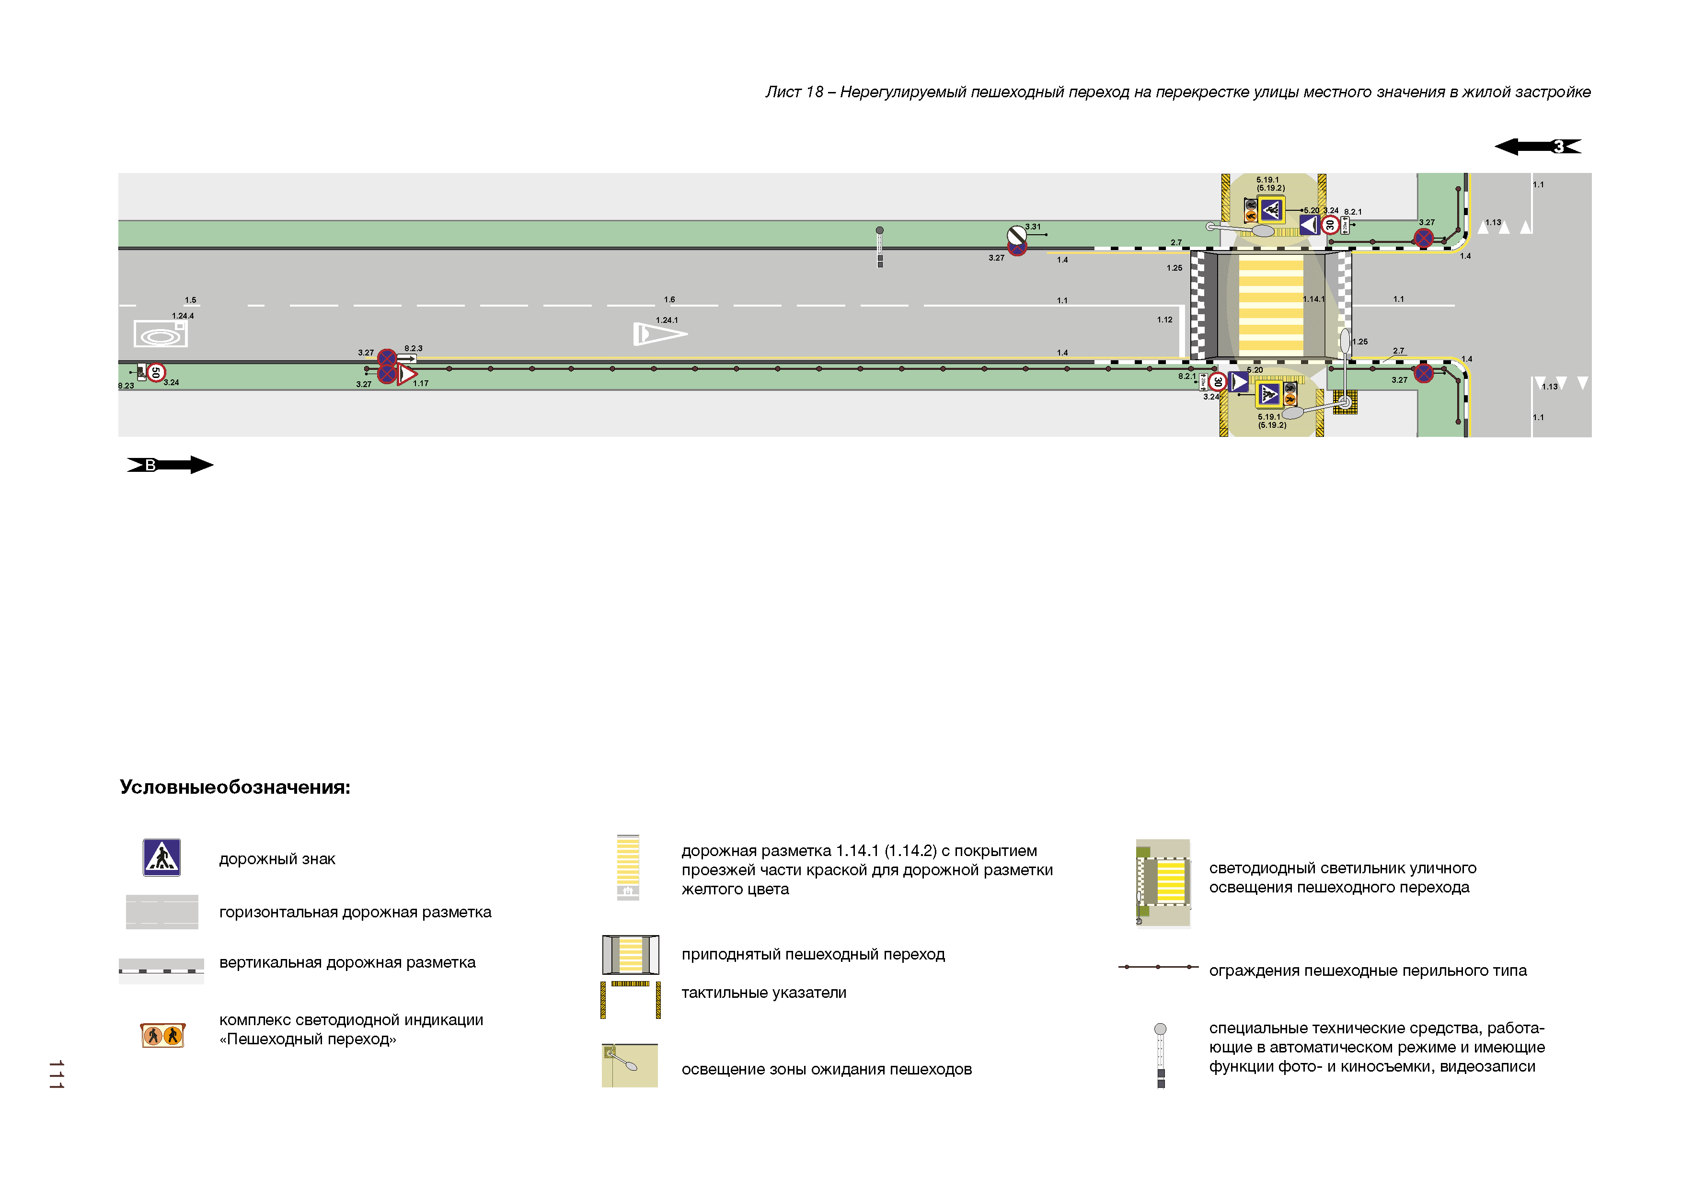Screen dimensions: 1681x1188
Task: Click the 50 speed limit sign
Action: tap(155, 373)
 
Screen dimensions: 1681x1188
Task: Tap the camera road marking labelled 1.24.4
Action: tap(161, 334)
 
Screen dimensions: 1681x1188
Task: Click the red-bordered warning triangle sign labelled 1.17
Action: tap(406, 375)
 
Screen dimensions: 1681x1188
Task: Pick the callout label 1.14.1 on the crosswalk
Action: tap(1313, 299)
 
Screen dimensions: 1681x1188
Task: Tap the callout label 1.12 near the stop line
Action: tap(1164, 320)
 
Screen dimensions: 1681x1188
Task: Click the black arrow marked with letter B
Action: tap(170, 465)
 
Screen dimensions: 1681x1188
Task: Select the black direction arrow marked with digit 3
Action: tap(1538, 147)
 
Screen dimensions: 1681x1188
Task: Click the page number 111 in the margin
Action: tap(57, 1074)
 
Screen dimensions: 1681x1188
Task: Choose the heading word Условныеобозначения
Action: tap(235, 788)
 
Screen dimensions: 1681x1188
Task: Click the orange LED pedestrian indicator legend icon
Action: tap(162, 1036)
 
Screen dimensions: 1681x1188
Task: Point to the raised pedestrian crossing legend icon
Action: tap(631, 955)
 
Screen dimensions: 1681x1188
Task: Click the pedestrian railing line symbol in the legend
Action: tap(1158, 968)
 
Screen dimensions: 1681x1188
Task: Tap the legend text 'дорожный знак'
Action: tap(277, 859)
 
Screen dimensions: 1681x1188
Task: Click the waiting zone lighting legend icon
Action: tap(630, 1066)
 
